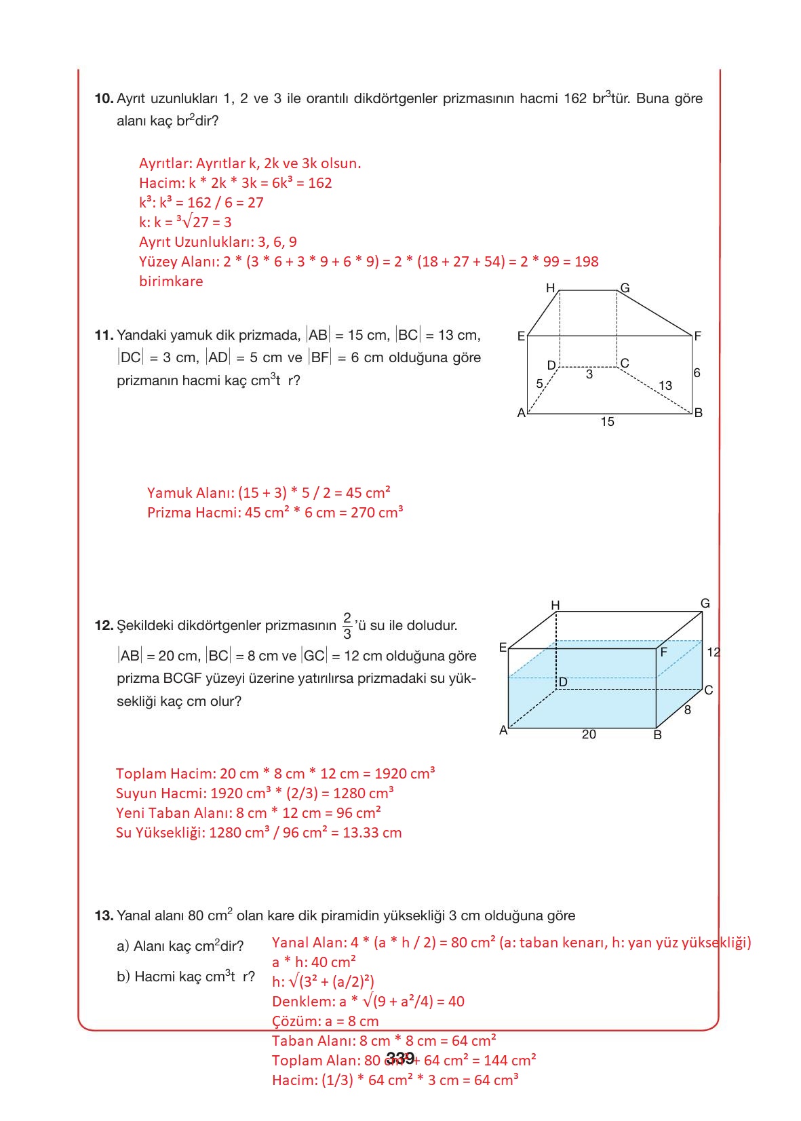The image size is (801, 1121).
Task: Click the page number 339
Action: pyautogui.click(x=400, y=1058)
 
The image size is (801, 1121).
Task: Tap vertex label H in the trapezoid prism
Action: pyautogui.click(x=551, y=288)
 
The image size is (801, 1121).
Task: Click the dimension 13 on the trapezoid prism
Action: pyautogui.click(x=665, y=385)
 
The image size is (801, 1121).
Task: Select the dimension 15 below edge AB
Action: pyautogui.click(x=607, y=422)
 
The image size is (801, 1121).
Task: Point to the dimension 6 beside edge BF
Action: pyautogui.click(x=697, y=373)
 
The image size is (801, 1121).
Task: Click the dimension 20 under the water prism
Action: pyautogui.click(x=589, y=734)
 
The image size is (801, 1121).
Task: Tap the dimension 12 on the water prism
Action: pyautogui.click(x=713, y=652)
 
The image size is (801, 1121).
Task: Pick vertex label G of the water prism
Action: pyautogui.click(x=705, y=603)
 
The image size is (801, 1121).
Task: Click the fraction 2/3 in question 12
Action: pyautogui.click(x=347, y=626)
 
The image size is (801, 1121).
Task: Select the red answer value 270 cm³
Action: pyautogui.click(x=377, y=513)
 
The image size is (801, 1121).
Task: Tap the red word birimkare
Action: pyautogui.click(x=171, y=281)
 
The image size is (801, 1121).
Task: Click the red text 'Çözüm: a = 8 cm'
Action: pyautogui.click(x=325, y=1021)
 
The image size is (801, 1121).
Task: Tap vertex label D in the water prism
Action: pyautogui.click(x=563, y=682)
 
